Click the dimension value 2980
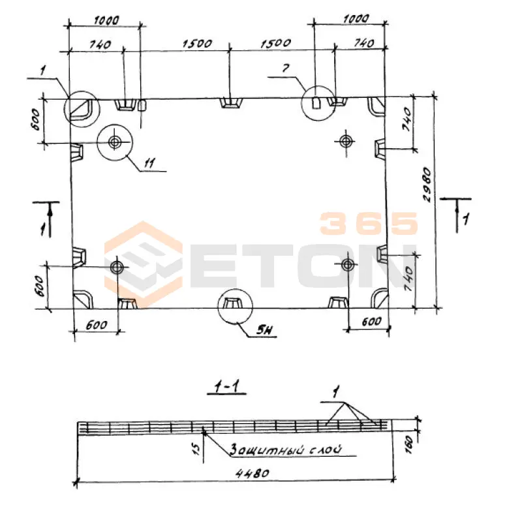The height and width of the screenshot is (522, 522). click(x=427, y=185)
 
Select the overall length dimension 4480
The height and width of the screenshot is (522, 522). click(x=253, y=473)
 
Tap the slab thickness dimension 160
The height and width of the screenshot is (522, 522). click(x=410, y=444)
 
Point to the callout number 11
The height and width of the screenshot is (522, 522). click(x=149, y=163)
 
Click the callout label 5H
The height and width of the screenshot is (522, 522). click(x=265, y=330)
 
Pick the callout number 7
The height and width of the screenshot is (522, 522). click(x=286, y=69)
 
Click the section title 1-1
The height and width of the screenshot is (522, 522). click(x=226, y=386)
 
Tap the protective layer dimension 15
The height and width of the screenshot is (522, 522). click(x=196, y=448)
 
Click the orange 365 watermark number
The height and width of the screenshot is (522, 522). click(x=369, y=223)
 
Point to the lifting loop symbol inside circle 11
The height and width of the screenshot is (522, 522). click(x=115, y=142)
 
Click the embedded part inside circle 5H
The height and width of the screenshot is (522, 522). click(x=232, y=303)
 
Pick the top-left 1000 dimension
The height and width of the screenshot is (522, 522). click(x=106, y=21)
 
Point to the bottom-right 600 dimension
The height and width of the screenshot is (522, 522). click(x=371, y=322)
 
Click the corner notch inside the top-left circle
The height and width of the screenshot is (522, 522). click(x=79, y=108)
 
